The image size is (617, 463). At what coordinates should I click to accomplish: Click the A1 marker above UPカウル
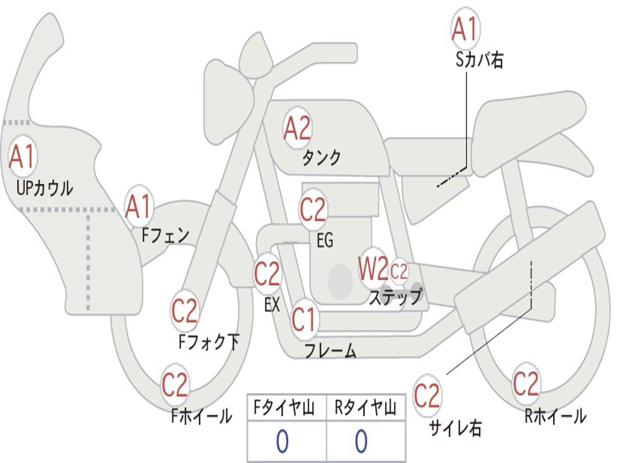[22, 156]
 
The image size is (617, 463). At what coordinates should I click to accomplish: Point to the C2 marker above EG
[313, 209]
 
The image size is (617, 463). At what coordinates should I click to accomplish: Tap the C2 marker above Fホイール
[175, 384]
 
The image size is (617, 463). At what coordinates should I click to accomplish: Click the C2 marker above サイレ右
[427, 395]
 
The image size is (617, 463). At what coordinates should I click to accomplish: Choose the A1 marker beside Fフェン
[139, 206]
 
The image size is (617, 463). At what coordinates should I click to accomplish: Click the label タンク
[321, 157]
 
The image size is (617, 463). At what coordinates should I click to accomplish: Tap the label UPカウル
[45, 188]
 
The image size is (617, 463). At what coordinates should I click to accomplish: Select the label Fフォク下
[208, 342]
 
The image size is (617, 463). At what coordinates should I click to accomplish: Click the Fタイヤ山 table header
[284, 408]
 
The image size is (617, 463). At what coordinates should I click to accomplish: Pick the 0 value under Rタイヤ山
[362, 441]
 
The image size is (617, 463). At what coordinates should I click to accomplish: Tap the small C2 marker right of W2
[399, 271]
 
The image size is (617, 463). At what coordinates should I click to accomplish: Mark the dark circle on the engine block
[340, 282]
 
